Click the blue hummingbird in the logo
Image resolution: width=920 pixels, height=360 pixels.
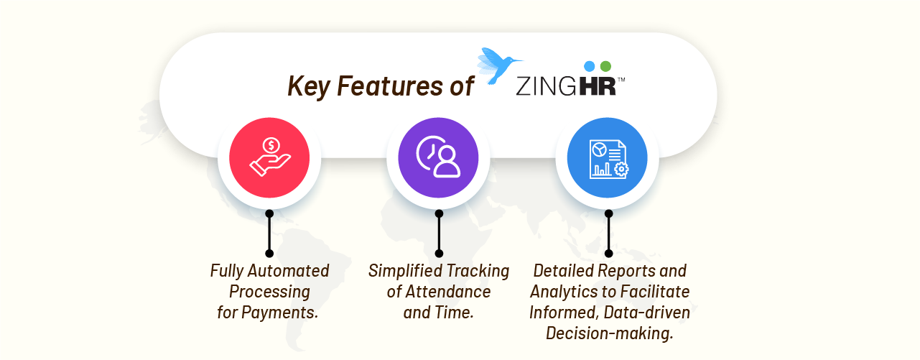click(498, 65)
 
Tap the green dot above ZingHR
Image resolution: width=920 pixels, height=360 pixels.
click(605, 66)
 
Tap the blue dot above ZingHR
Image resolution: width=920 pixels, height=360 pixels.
click(590, 66)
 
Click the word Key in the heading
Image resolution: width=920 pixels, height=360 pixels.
click(309, 86)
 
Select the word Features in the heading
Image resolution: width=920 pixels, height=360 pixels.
click(390, 86)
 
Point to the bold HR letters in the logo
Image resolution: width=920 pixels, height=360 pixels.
click(598, 86)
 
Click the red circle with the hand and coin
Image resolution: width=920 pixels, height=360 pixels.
click(269, 158)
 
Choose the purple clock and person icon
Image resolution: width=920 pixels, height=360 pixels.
click(438, 158)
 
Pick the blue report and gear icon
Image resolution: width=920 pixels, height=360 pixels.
click(608, 158)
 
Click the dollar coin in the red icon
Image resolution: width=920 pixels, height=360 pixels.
click(271, 145)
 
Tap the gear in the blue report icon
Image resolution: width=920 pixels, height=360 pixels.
click(621, 169)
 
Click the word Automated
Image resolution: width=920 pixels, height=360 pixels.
click(288, 271)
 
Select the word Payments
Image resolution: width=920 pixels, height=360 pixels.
click(279, 313)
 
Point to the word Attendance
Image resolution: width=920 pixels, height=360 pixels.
click(448, 292)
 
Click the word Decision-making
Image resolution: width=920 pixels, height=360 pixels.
click(610, 333)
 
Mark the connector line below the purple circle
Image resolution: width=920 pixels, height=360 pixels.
click(439, 234)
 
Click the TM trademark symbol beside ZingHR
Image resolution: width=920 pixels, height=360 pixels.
click(621, 80)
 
